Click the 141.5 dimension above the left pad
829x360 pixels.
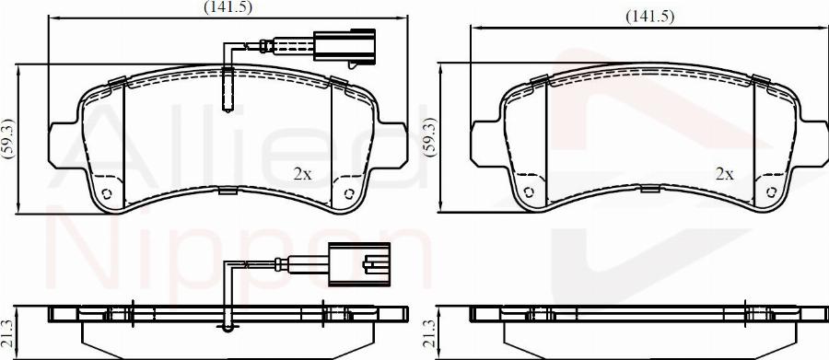pos(228,6)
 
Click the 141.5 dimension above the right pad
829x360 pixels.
pos(649,17)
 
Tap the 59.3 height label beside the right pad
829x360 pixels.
pos(431,137)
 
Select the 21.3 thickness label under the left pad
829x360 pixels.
pos(6,333)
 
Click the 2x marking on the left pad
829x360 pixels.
pos(302,174)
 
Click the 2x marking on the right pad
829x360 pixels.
pos(724,173)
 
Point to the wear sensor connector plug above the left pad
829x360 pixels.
pos(344,47)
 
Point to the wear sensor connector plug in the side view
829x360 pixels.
pos(359,264)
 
